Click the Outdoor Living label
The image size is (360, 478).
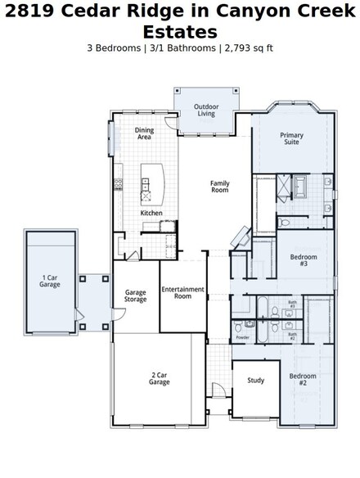pos(205,110)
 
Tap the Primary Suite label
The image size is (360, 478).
pos(290,138)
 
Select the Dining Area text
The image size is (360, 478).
pos(144,133)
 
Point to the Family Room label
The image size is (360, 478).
pos(219,187)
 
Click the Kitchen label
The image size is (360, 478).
pos(151,213)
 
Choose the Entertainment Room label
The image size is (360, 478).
pos(182,293)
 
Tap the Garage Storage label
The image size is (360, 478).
pos(136,296)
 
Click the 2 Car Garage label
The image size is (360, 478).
pos(160,379)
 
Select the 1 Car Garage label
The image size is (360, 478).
pos(50,282)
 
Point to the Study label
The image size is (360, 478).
pos(255,381)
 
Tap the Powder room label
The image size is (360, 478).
pos(242,337)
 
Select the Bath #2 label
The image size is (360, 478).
pos(292,335)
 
